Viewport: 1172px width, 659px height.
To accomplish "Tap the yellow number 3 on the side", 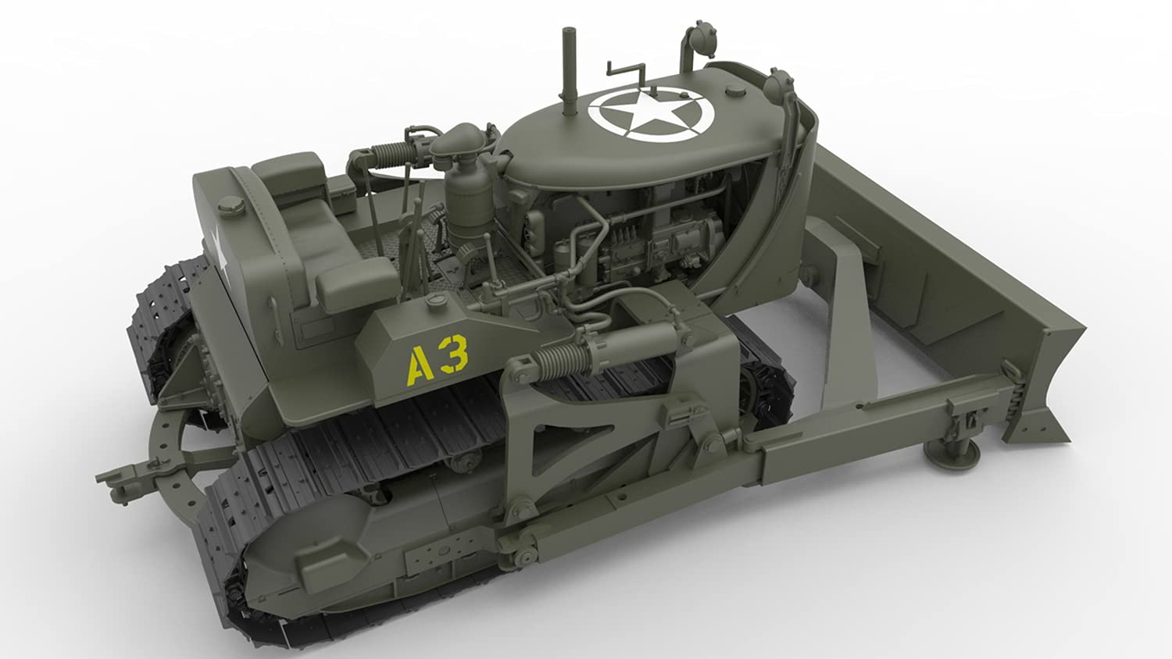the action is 454,354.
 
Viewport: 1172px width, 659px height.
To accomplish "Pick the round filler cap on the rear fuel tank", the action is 230,206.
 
